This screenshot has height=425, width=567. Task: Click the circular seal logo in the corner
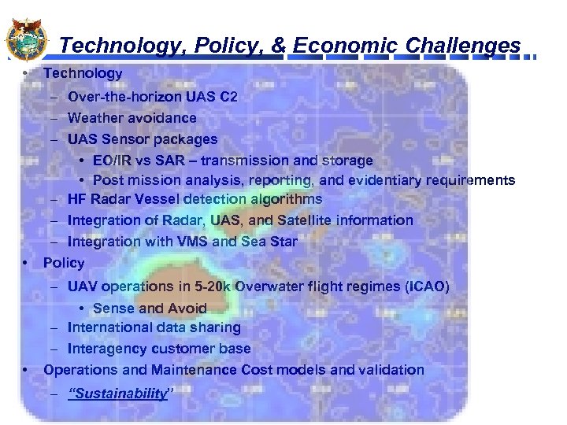[x=26, y=39]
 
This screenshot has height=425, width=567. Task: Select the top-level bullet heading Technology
[x=83, y=73]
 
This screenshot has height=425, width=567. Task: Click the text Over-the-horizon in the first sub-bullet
[x=119, y=98]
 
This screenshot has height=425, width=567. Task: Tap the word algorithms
[x=284, y=200]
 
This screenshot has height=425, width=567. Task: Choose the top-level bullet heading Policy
[x=64, y=262]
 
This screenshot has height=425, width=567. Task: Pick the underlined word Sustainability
[x=118, y=394]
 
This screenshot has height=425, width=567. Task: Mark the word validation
[x=392, y=370]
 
